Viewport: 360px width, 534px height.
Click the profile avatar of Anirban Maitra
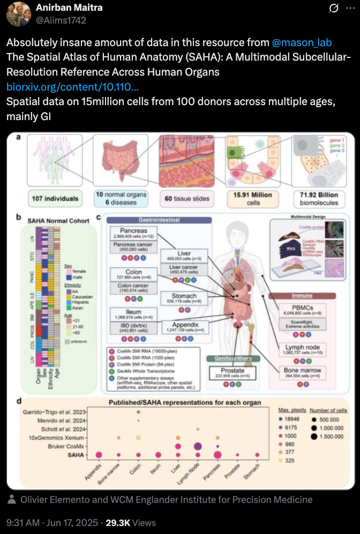pyautogui.click(x=18, y=14)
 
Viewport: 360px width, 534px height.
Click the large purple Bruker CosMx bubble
pyautogui.click(x=197, y=447)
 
